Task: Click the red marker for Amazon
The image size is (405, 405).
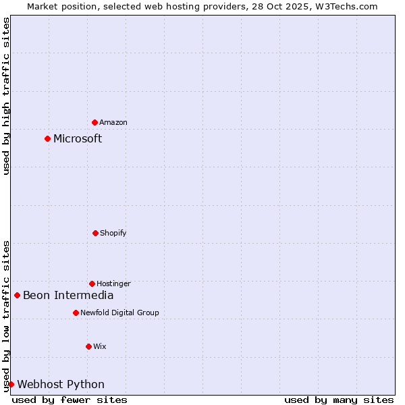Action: [94, 122]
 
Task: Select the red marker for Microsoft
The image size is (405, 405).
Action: [47, 138]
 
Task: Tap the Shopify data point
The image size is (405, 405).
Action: [95, 233]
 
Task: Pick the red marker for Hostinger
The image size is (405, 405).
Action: [92, 283]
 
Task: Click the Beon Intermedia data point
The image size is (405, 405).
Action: [17, 295]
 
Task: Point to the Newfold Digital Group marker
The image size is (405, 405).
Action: [76, 313]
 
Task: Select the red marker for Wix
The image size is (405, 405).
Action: [88, 346]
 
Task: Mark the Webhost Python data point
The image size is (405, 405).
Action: [11, 384]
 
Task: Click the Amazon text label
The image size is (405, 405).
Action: [113, 122]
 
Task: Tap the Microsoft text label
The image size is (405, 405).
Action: [78, 138]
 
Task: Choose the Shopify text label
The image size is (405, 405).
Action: [113, 233]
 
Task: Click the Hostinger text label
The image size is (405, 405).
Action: [113, 283]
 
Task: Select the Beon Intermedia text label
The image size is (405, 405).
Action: [68, 295]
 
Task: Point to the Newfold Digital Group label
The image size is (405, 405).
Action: [119, 313]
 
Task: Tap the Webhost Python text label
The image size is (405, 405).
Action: [61, 384]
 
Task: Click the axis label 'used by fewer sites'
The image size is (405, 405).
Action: [70, 400]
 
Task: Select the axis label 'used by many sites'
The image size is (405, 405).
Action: [339, 400]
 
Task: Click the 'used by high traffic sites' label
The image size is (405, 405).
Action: [6, 96]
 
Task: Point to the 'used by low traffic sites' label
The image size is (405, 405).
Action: [6, 316]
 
